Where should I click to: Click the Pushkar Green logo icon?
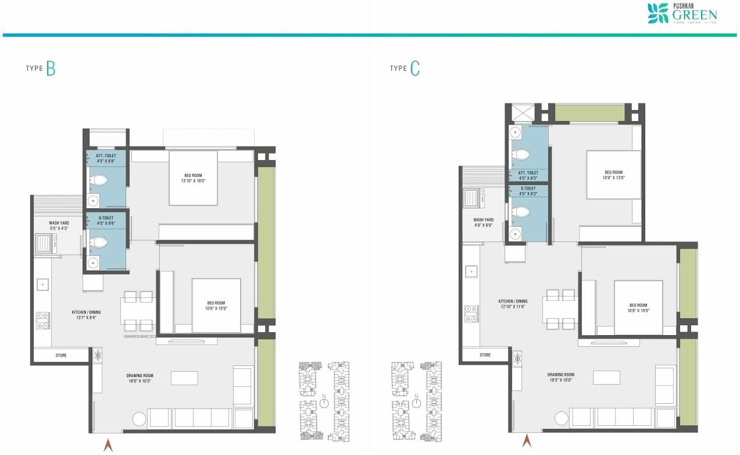click(658, 13)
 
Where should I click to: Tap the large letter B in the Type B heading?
click(51, 69)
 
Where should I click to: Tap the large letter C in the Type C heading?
click(414, 69)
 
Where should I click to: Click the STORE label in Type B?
click(61, 356)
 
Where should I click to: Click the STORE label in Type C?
click(485, 355)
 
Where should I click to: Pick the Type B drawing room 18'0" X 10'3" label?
click(139, 379)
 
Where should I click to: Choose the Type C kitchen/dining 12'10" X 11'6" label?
click(513, 304)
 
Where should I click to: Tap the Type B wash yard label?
click(59, 225)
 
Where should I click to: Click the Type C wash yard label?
click(483, 222)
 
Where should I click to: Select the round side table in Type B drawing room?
click(138, 419)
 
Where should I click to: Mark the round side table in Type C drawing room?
click(561, 418)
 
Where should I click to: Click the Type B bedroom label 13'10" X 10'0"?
click(193, 178)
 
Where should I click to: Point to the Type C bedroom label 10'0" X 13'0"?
click(613, 175)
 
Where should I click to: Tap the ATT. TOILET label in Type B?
click(106, 158)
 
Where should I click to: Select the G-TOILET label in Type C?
click(528, 190)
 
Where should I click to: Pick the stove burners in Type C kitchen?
click(471, 314)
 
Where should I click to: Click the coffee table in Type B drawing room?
click(184, 378)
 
